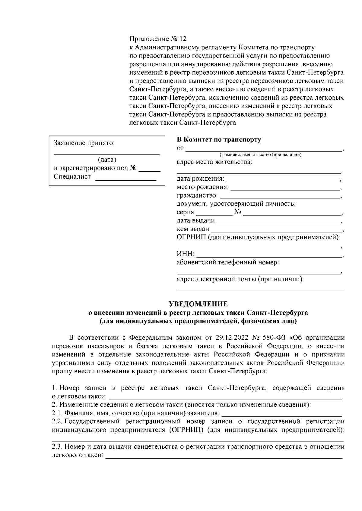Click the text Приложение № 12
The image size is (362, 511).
pos(158,39)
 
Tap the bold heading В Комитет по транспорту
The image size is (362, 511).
pos(219,140)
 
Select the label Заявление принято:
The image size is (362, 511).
pos(84,143)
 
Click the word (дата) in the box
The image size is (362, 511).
pos(107,160)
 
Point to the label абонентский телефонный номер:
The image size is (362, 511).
pos(227,262)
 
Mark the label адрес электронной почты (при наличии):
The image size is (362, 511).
pos(240,279)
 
